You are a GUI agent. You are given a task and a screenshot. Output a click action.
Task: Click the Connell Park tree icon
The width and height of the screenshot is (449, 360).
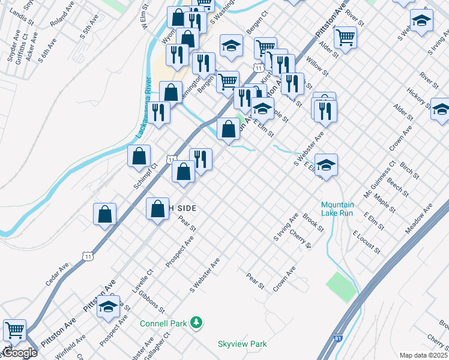(196, 323)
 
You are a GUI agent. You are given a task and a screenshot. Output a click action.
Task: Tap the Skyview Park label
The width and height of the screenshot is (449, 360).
(242, 344)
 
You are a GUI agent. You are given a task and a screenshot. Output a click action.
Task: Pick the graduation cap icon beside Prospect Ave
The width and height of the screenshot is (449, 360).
(108, 307)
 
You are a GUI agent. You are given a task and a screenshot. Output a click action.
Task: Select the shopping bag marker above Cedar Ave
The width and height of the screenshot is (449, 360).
(105, 214)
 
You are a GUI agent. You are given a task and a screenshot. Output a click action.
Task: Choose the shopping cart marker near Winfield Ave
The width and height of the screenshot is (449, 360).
(14, 329)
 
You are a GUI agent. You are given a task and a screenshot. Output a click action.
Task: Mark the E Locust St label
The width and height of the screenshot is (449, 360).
(367, 241)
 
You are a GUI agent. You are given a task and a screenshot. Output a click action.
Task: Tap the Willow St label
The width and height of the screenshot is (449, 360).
(316, 66)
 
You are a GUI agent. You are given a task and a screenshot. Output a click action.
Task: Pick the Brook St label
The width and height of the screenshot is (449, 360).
(313, 223)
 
